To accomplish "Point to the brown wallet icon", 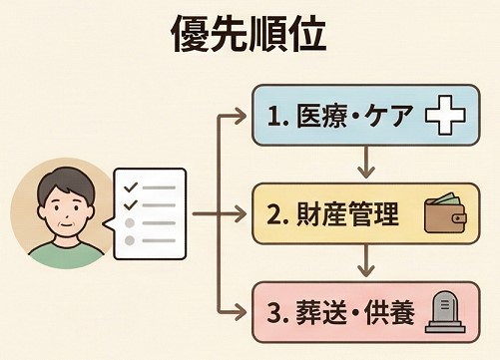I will click(x=445, y=214).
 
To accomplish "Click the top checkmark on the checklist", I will click(x=128, y=186).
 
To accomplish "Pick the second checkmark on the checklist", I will click(x=128, y=206).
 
